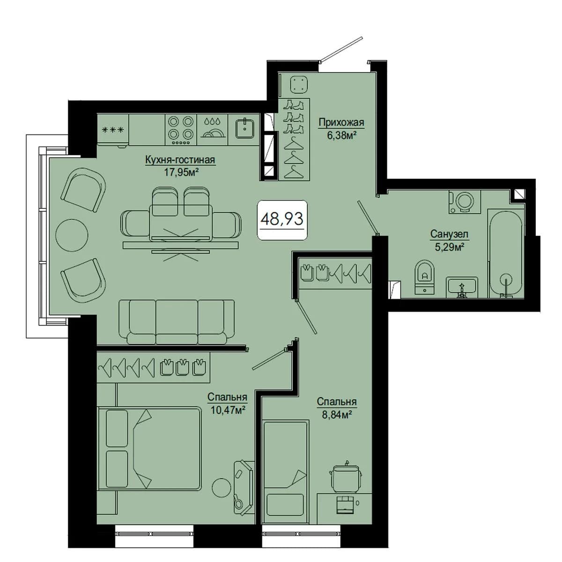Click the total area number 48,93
click(282, 219)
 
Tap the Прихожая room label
click(341, 122)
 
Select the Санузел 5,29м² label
click(449, 240)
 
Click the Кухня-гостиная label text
click(180, 160)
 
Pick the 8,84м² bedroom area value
click(336, 415)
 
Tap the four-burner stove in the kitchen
click(181, 129)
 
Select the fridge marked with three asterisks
click(112, 129)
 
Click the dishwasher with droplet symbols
click(212, 129)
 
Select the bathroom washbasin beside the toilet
click(462, 287)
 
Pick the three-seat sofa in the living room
click(177, 321)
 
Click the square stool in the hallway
click(300, 85)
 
